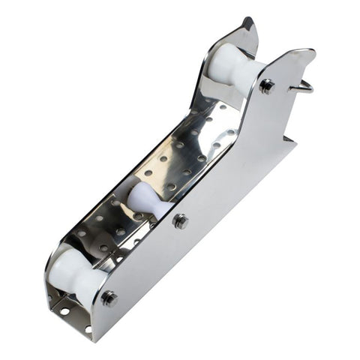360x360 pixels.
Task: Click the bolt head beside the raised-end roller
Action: point(266,85)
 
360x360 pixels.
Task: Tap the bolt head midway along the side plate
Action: point(180,220)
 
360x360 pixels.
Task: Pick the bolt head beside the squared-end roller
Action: point(109,298)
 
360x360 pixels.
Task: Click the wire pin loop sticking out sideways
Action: point(302,85)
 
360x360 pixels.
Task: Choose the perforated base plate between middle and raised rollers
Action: point(187,154)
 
